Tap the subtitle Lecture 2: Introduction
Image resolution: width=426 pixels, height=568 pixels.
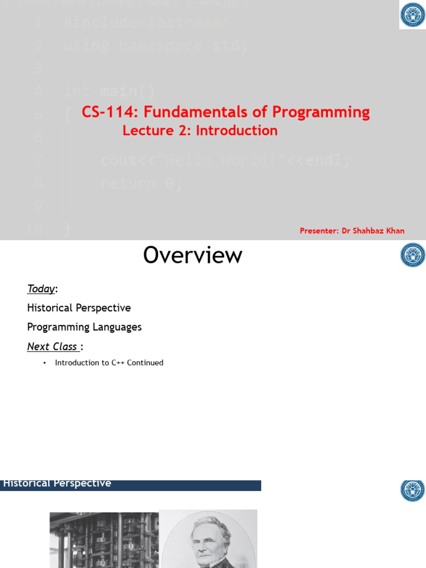(x=200, y=131)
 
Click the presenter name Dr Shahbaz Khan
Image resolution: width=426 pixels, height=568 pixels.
(x=373, y=231)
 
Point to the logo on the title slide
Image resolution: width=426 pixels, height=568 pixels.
(x=413, y=15)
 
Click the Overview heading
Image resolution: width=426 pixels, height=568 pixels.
(x=192, y=255)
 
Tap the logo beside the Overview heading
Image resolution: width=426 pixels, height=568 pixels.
(x=413, y=255)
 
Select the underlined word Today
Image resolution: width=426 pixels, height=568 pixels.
(x=41, y=289)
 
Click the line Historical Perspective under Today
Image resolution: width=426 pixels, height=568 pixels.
(x=79, y=308)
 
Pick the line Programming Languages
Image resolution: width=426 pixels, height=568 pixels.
(x=84, y=327)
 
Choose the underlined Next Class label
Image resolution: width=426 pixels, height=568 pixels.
(x=53, y=347)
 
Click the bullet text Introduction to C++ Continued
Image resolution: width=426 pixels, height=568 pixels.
(x=109, y=363)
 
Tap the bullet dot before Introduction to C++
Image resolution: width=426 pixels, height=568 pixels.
(x=44, y=363)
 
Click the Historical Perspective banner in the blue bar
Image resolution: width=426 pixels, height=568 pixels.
(x=57, y=484)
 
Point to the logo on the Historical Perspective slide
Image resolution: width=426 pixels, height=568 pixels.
(x=413, y=490)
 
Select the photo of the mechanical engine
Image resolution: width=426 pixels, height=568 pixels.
(x=104, y=541)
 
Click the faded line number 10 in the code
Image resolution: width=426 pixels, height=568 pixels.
(x=34, y=229)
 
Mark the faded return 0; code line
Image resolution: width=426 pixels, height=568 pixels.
(x=141, y=183)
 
